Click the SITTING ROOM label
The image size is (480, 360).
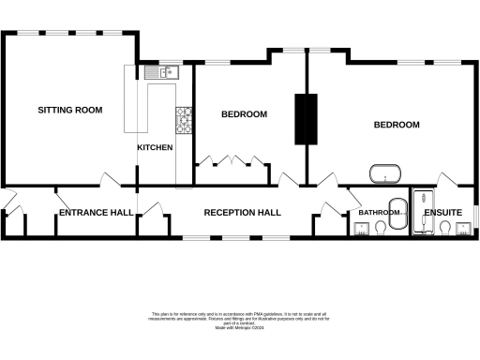pyautogui.click(x=69, y=110)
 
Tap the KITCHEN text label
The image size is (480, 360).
pyautogui.click(x=155, y=147)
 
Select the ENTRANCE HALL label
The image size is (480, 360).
pyautogui.click(x=96, y=213)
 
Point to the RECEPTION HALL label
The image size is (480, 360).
pyautogui.click(x=243, y=213)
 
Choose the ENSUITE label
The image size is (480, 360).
pyautogui.click(x=442, y=213)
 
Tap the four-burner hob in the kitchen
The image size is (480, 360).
pyautogui.click(x=183, y=118)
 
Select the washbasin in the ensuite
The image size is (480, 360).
pyautogui.click(x=464, y=231)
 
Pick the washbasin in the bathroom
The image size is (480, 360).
pyautogui.click(x=362, y=231)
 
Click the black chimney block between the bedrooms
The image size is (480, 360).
pyautogui.click(x=303, y=118)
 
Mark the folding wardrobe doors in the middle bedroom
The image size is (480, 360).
pyautogui.click(x=229, y=160)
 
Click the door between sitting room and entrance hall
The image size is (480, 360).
pyautogui.click(x=110, y=178)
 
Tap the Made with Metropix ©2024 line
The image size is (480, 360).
pyautogui.click(x=239, y=327)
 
